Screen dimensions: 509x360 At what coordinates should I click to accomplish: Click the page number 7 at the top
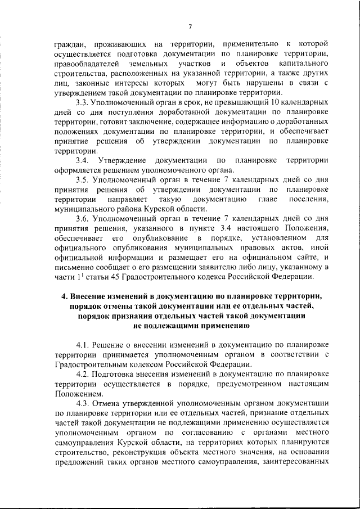(191, 26)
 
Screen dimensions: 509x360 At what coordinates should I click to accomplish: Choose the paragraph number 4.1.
(83, 343)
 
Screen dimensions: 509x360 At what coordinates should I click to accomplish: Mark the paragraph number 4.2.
(83, 372)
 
